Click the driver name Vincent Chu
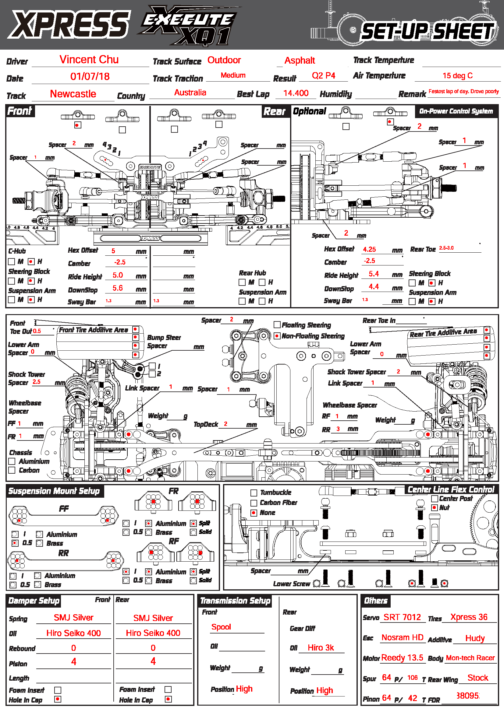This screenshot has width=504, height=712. click(89, 60)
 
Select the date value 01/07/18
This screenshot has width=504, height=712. click(90, 77)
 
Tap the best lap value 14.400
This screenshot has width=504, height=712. click(296, 93)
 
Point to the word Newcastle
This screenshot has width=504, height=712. click(73, 94)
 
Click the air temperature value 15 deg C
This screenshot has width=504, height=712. click(457, 76)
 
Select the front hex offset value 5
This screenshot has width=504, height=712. click(113, 251)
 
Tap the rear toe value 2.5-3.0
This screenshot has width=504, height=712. click(446, 248)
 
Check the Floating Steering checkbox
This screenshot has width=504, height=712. click(277, 325)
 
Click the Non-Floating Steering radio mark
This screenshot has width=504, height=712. click(277, 336)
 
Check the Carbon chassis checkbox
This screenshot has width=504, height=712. click(12, 470)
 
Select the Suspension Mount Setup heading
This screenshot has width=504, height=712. click(54, 491)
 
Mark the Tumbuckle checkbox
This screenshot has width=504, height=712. click(254, 493)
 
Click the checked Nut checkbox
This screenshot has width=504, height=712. click(435, 508)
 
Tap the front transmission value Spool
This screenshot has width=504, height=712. click(221, 627)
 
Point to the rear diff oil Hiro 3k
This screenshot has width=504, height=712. click(321, 648)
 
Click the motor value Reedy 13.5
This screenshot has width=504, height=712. click(402, 658)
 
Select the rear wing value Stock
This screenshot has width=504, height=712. click(477, 678)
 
